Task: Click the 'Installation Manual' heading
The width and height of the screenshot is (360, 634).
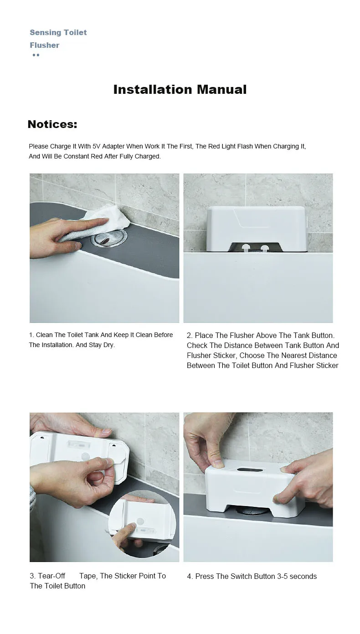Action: pos(180,89)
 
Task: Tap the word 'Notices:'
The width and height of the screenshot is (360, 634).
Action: pos(52,124)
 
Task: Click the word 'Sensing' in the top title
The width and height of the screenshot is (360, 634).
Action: pos(45,32)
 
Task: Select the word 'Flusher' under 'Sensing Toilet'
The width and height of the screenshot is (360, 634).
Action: pos(45,45)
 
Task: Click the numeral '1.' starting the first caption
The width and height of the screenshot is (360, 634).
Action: pos(32,335)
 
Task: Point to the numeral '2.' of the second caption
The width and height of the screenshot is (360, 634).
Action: pos(190,336)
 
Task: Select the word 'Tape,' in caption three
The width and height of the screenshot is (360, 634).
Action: pos(88,576)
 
